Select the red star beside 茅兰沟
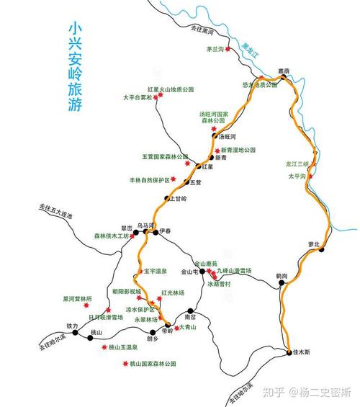click(x=229, y=50)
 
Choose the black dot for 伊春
click(x=155, y=232)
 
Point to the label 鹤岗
click(x=282, y=275)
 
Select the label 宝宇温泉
click(x=155, y=271)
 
